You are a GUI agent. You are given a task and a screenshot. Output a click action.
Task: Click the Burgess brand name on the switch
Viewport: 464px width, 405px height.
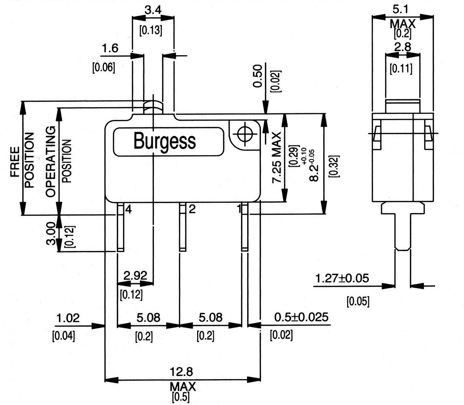pos(165,141)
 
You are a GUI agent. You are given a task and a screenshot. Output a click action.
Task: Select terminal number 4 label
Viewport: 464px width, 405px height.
pos(128,209)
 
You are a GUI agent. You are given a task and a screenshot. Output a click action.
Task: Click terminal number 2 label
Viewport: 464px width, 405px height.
pos(192,209)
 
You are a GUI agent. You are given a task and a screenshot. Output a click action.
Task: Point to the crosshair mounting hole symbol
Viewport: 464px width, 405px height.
pos(243,134)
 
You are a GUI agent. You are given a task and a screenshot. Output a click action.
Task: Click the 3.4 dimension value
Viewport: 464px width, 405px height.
pos(153,10)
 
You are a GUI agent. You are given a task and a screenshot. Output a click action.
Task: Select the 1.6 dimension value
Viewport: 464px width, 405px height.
pos(110,48)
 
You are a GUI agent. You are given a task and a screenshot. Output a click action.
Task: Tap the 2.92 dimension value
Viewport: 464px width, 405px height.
pos(135,276)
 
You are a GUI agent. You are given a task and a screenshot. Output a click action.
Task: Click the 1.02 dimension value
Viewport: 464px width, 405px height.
pos(68,318)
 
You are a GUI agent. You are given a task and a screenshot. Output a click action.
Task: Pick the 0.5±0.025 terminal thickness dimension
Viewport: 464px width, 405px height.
pos(301,317)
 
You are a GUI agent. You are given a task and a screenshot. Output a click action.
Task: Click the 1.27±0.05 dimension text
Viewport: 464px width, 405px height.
pos(342,278)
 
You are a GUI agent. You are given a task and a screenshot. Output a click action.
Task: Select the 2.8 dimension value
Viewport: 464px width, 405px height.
pos(402,47)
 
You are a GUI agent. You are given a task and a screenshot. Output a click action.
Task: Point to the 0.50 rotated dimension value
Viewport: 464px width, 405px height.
pos(258,76)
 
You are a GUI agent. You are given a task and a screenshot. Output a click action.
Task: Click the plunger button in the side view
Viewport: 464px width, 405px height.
pos(402,106)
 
